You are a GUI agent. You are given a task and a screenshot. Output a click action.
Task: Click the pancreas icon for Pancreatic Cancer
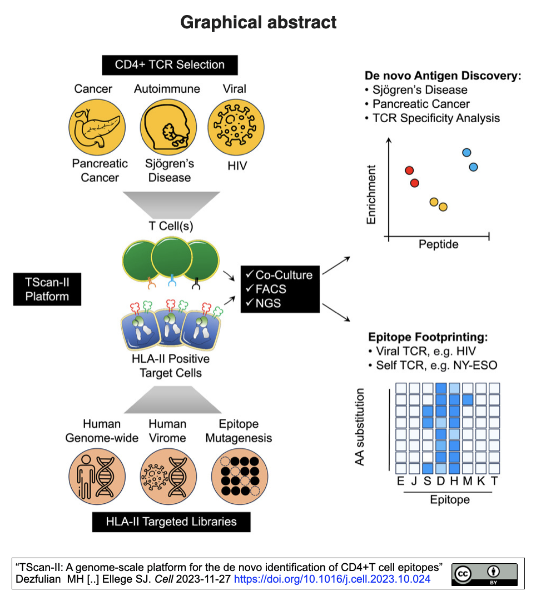(x=97, y=127)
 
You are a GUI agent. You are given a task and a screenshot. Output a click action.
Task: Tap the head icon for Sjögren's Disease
(x=168, y=127)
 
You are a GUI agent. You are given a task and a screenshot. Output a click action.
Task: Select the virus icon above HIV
(x=236, y=127)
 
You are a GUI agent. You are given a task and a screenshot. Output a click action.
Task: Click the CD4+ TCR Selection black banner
(x=170, y=65)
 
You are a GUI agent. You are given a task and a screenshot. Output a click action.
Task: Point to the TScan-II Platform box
(x=47, y=289)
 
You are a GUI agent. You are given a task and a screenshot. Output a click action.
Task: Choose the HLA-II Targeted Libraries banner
(x=171, y=522)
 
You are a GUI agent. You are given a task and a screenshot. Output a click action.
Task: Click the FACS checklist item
(x=266, y=289)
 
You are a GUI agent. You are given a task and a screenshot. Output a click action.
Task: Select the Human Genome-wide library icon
(x=97, y=477)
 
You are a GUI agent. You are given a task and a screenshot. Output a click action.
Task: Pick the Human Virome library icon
(x=168, y=477)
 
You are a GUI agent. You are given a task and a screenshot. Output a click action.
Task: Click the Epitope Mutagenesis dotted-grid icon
(x=240, y=477)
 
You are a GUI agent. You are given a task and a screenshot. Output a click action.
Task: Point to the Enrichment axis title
(x=371, y=195)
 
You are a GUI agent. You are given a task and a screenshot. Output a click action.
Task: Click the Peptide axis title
(x=439, y=244)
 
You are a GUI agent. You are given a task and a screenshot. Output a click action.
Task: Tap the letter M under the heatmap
(x=467, y=480)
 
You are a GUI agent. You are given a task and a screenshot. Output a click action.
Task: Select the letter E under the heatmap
(x=400, y=480)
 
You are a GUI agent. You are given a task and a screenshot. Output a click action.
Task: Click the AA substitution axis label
(x=360, y=427)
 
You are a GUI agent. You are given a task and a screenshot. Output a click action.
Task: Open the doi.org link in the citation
(x=332, y=579)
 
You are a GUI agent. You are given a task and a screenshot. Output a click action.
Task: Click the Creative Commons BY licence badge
(x=485, y=574)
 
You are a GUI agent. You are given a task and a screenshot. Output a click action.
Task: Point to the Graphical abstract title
(x=259, y=22)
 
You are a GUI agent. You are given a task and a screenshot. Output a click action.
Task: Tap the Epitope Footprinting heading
(x=428, y=337)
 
